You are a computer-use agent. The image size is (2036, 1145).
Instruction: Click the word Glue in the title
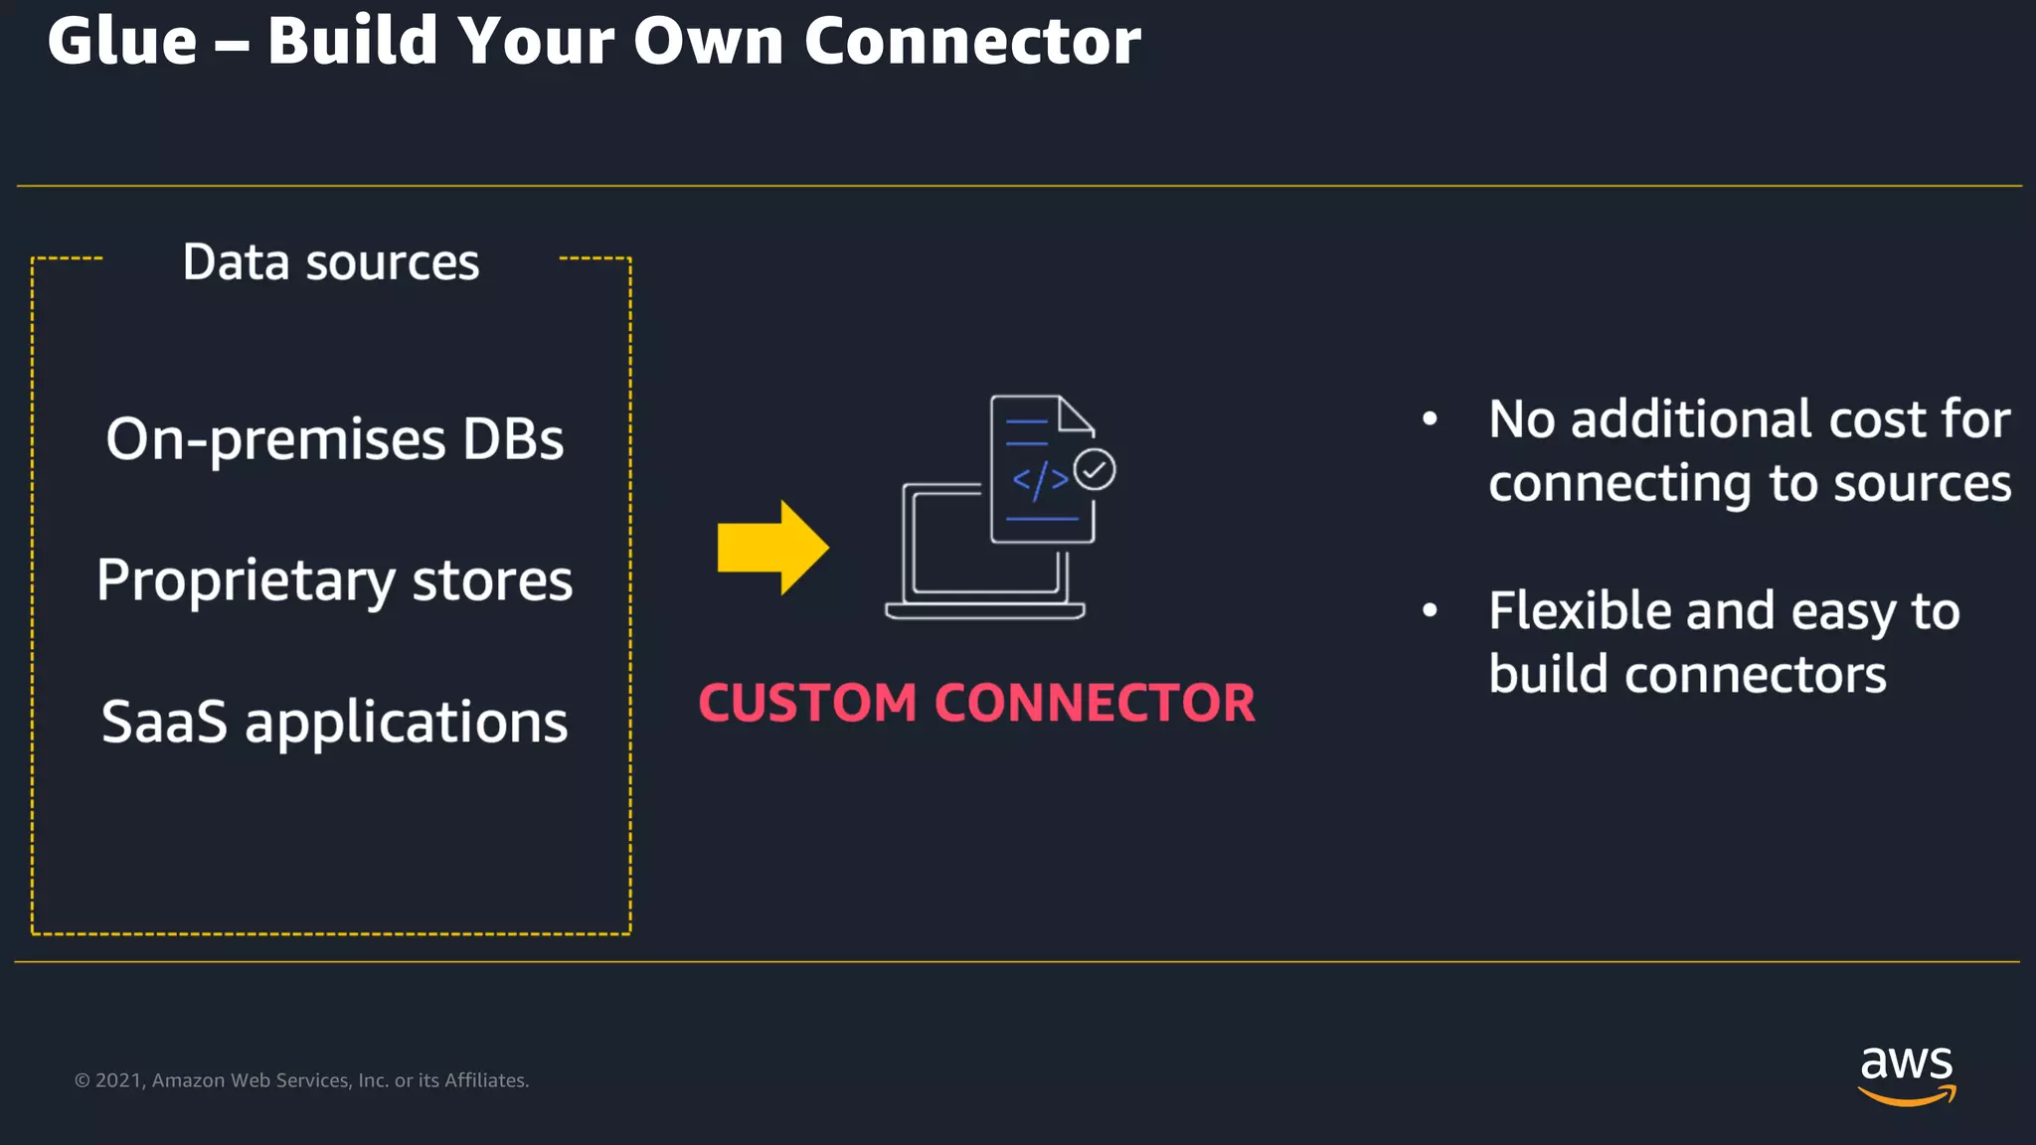122,43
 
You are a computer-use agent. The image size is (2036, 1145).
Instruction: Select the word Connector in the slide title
971,43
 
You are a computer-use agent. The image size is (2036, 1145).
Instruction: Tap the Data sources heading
331,262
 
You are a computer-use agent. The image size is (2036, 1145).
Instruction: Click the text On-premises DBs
335,439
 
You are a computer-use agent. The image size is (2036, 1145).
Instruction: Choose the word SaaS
165,722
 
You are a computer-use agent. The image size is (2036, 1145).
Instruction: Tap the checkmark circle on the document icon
1095,470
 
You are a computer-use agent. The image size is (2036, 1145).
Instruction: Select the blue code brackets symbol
1040,481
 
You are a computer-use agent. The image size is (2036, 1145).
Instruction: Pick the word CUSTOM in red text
807,704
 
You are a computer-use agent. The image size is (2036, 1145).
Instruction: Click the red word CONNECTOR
1095,704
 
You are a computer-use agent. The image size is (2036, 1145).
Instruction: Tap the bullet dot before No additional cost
1430,419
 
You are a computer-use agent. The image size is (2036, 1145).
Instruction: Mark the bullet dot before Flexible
1430,610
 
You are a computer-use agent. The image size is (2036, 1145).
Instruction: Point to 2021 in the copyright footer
119,1080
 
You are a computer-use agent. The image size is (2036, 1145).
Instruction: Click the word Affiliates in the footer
485,1080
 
